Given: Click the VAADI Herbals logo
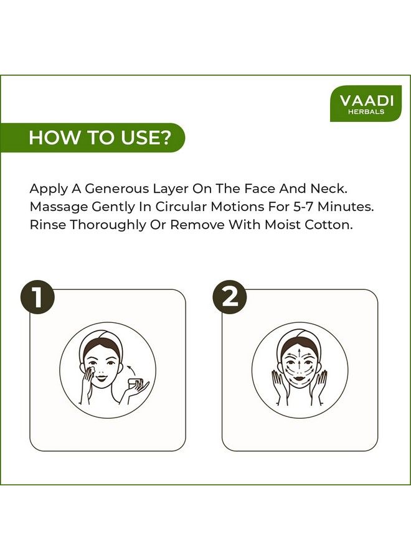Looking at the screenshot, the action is (366, 103).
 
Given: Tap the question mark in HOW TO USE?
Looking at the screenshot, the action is (166, 138).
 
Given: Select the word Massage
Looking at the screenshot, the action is (59, 207).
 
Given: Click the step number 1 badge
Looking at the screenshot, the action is (37, 298).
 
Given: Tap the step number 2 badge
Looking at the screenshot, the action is (230, 297).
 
